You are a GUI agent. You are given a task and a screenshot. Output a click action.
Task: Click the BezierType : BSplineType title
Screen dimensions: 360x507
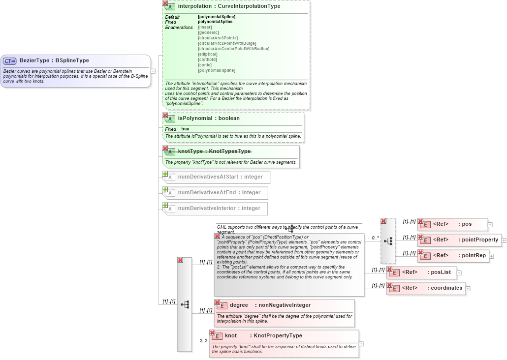pyautogui.click(x=54, y=60)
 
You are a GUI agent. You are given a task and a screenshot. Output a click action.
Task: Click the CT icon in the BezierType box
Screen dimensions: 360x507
pyautogui.click(x=10, y=61)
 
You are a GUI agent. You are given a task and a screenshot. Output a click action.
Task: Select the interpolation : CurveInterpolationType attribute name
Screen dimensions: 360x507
pyautogui.click(x=229, y=6)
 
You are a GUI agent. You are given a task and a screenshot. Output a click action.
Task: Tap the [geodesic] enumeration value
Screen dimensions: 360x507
pyautogui.click(x=208, y=32)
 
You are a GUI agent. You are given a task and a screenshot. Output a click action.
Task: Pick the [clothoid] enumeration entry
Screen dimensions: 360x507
pyautogui.click(x=207, y=60)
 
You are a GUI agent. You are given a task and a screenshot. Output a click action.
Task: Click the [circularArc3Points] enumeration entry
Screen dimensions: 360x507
pyautogui.click(x=218, y=38)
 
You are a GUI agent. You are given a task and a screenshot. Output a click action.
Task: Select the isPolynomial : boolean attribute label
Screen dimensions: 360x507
pyautogui.click(x=209, y=119)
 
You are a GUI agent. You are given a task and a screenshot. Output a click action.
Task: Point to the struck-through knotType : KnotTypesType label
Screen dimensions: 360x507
pyautogui.click(x=214, y=151)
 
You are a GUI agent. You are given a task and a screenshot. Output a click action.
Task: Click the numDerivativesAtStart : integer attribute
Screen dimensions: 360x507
pyautogui.click(x=220, y=177)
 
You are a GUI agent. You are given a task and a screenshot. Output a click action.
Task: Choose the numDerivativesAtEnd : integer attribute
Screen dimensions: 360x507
pyautogui.click(x=219, y=193)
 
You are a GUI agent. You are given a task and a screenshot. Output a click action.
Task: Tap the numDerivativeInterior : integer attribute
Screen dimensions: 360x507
pyautogui.click(x=219, y=209)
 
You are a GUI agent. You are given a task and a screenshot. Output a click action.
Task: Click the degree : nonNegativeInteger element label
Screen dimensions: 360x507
pyautogui.click(x=270, y=305)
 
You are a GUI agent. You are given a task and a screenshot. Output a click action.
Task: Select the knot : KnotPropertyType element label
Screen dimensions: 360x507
pyautogui.click(x=263, y=336)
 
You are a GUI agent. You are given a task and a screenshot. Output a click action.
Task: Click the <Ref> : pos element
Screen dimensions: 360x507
pyautogui.click(x=452, y=224)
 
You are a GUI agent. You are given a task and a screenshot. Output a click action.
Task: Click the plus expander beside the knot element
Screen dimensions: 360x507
pyautogui.click(x=361, y=344)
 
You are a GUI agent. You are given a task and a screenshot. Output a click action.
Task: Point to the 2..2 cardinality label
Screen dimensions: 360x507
pyautogui.click(x=203, y=341)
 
